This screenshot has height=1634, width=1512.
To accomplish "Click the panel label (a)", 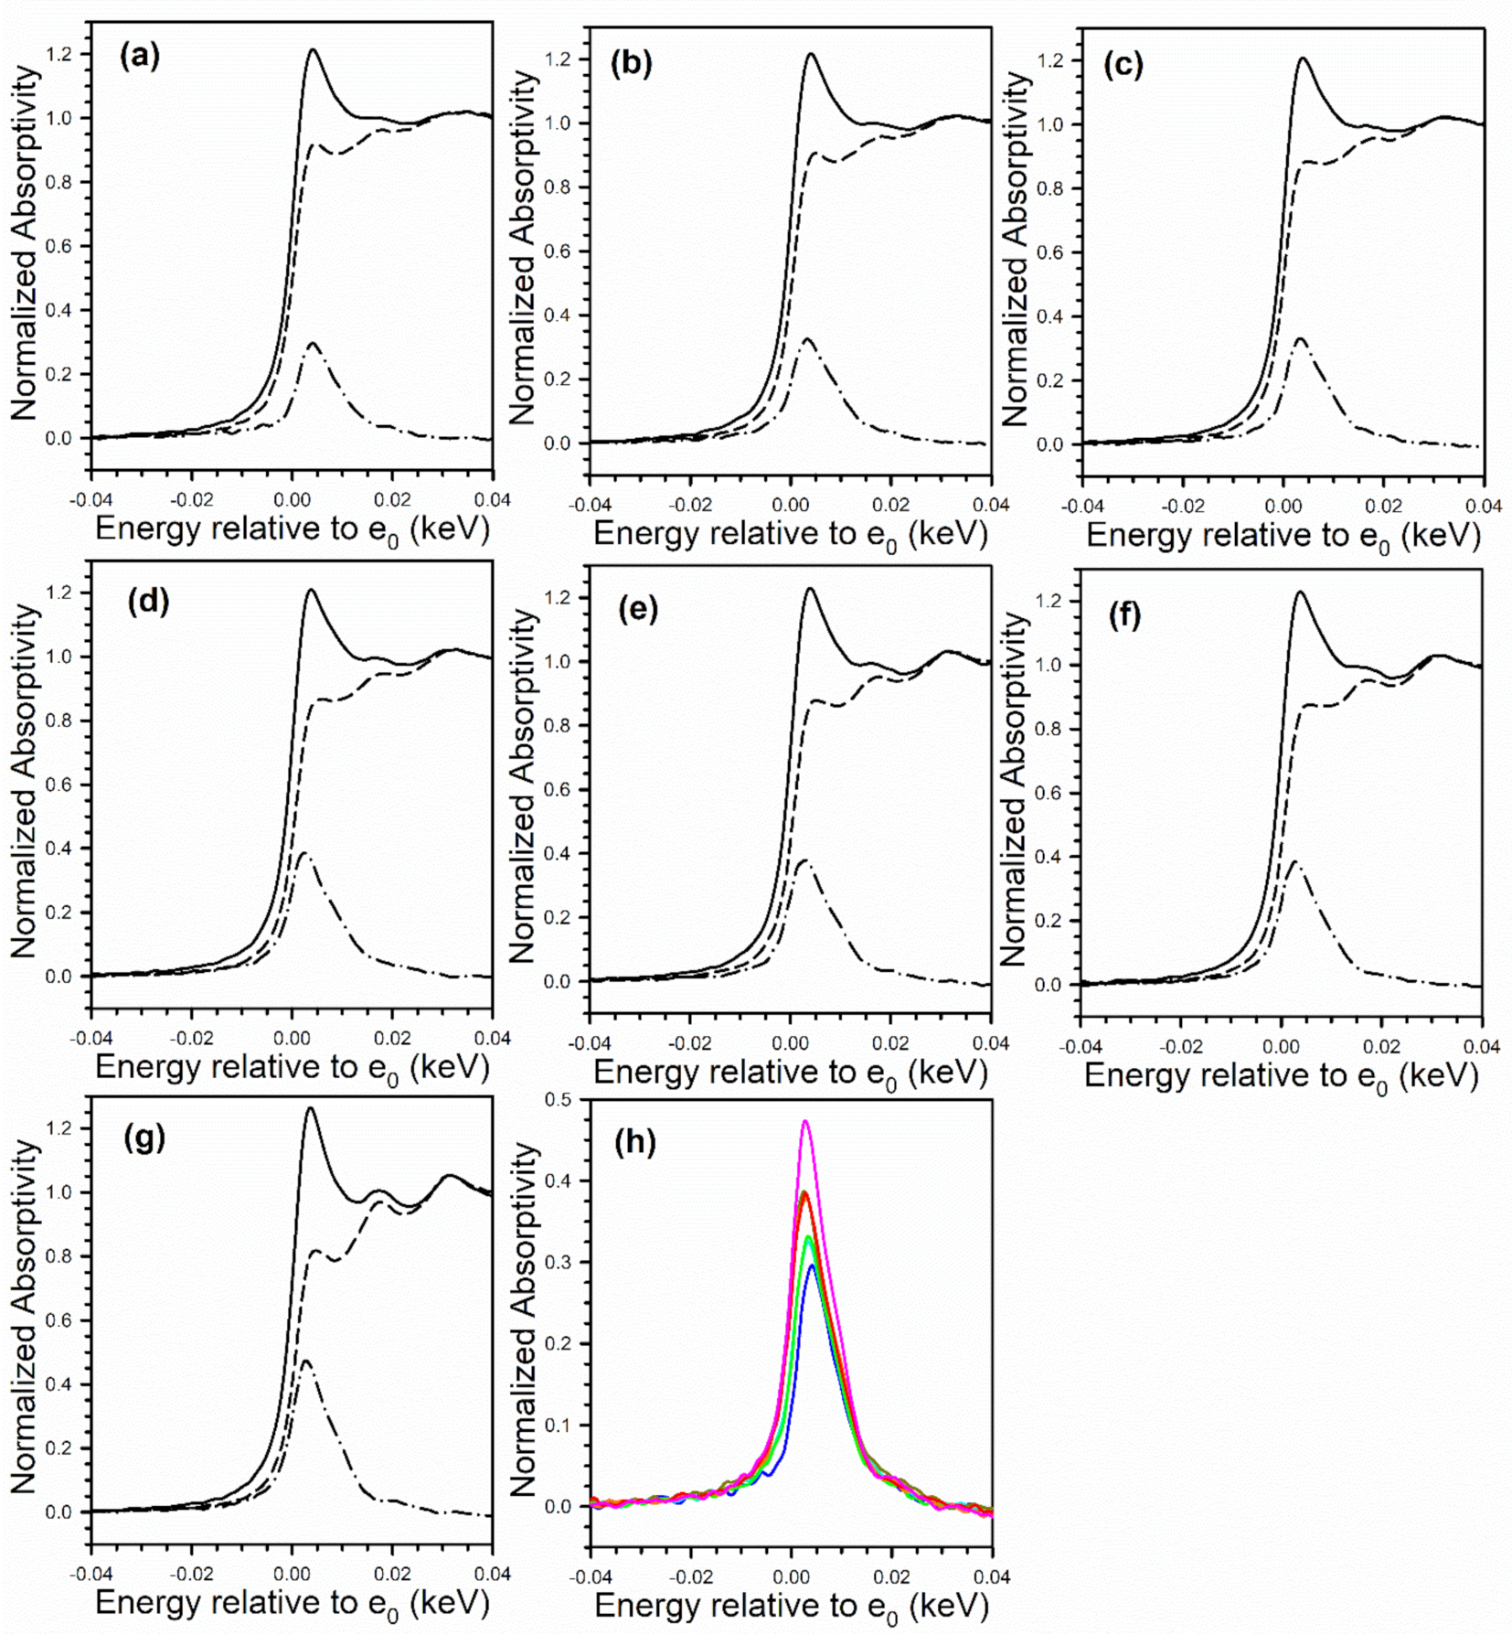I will pos(140,57).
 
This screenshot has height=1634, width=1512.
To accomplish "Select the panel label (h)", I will pos(636,1142).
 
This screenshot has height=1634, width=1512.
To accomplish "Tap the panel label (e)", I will pos(638,608).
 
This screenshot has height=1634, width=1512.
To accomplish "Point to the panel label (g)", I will pos(144,1138).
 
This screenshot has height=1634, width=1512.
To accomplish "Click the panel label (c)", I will pos(1123,65).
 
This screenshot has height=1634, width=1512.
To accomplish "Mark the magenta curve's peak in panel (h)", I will pos(805,1121).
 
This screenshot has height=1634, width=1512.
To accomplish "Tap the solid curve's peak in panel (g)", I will pos(310,1108).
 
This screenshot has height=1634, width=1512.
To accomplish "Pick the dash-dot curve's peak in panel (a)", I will pos(313,344).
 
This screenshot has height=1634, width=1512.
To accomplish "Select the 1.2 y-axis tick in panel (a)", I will pos(59,55).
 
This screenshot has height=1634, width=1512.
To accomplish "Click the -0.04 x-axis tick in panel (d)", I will pos(91,1040).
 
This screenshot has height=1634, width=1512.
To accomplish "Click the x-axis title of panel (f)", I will pos(1281,1077).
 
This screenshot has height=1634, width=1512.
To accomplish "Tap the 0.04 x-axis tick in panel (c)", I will pos(1483,507).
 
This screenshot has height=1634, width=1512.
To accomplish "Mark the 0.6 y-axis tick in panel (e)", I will pos(556,790).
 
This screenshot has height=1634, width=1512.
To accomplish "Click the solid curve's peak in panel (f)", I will pos(1299,593).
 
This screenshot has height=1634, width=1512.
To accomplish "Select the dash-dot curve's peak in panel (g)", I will pos(305,1360).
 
